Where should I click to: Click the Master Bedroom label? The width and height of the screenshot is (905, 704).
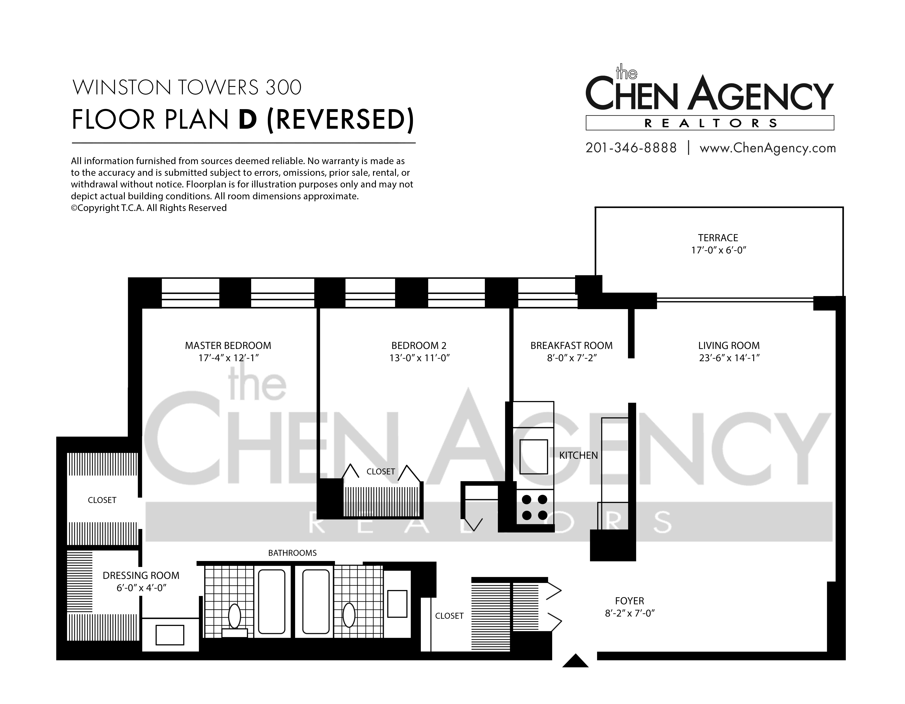pyautogui.click(x=228, y=345)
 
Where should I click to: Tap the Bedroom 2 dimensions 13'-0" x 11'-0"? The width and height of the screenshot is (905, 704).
pyautogui.click(x=419, y=358)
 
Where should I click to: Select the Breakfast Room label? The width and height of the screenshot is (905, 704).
pyautogui.click(x=571, y=345)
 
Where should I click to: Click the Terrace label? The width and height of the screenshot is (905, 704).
pyautogui.click(x=718, y=238)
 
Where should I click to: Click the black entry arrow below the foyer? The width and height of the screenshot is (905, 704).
pyautogui.click(x=575, y=660)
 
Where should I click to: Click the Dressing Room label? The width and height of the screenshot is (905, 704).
pyautogui.click(x=141, y=576)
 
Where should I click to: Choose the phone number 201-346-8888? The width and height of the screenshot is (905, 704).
pyautogui.click(x=631, y=148)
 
